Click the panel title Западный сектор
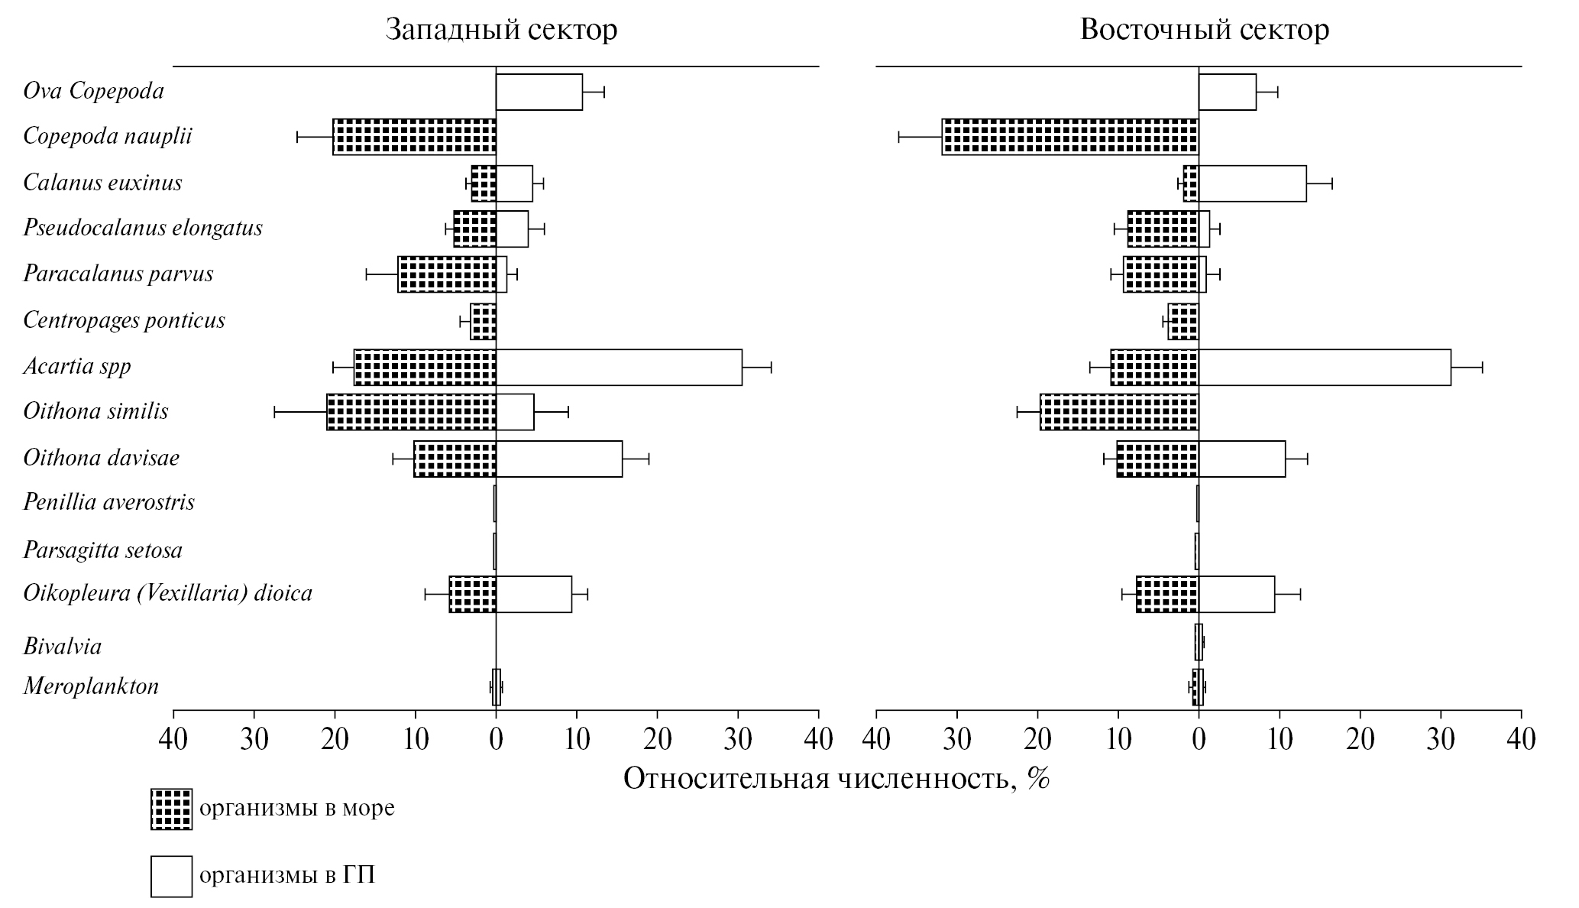point(501,30)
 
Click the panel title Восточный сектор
point(1204,30)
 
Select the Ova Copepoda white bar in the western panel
point(539,92)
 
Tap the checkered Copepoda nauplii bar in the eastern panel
point(1069,137)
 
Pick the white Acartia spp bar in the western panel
point(619,367)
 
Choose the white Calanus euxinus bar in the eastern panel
point(1252,183)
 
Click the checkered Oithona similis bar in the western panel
point(411,412)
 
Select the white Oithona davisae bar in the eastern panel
point(1241,459)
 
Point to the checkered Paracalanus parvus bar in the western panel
point(447,274)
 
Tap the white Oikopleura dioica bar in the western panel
point(533,594)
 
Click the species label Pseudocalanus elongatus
point(143,228)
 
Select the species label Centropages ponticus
point(124,319)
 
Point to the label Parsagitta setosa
point(102,550)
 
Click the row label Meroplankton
point(91,686)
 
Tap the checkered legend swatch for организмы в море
point(171,809)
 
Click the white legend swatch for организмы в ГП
point(171,875)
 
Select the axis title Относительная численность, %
point(836,778)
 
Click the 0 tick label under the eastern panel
point(1199,740)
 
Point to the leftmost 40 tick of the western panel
point(174,740)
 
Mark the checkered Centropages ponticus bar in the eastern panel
point(1183,321)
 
